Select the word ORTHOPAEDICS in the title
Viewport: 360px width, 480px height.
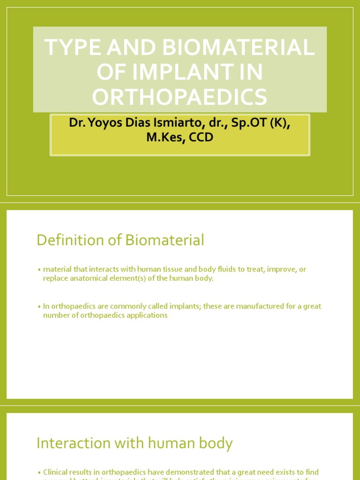coord(180,97)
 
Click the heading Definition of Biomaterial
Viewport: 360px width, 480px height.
coord(120,240)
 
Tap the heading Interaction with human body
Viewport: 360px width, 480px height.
coord(135,443)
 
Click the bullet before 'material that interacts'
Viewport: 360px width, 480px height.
coord(39,270)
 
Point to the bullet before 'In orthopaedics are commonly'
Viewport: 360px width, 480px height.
coord(39,307)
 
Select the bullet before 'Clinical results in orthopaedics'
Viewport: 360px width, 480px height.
coord(39,472)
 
